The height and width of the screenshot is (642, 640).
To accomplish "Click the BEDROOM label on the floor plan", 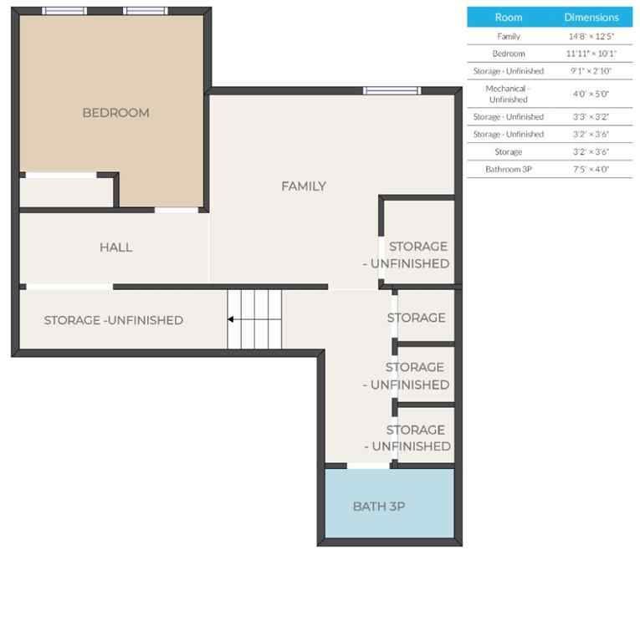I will coord(115,113).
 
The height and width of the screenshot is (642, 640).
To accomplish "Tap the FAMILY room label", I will coord(303,186).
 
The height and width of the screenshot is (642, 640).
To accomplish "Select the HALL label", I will coord(115,247).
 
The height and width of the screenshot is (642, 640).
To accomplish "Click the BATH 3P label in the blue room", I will coord(379,506).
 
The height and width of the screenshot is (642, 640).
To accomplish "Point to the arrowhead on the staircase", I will coord(231,318).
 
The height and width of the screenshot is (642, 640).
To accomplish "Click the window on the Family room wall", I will coord(391,90).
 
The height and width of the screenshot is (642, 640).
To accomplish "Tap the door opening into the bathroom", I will coord(367,465).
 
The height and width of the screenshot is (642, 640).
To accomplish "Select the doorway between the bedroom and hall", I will coord(177,209).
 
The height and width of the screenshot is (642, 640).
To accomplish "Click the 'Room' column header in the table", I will coord(508,17).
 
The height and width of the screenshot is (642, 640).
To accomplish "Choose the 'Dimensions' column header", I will coord(591,17).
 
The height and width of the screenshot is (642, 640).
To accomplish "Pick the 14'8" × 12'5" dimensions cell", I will coord(591,37).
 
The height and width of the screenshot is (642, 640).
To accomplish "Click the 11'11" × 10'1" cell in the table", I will coord(591,53).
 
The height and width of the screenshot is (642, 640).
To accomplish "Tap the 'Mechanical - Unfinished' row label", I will coord(508,94).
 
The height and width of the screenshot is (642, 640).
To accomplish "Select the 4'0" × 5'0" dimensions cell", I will coord(591,94).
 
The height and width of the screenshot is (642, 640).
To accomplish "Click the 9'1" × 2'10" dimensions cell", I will coord(591,71).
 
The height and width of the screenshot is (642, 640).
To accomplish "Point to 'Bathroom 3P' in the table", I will coord(508,169).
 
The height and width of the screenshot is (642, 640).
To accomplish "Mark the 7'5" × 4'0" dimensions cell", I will coord(591,169).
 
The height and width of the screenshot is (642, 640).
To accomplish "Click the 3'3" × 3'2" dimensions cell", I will coord(591,117).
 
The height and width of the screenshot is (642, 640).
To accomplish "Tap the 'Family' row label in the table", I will coord(508,37).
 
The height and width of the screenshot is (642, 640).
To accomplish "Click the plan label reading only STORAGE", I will coord(417,318).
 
